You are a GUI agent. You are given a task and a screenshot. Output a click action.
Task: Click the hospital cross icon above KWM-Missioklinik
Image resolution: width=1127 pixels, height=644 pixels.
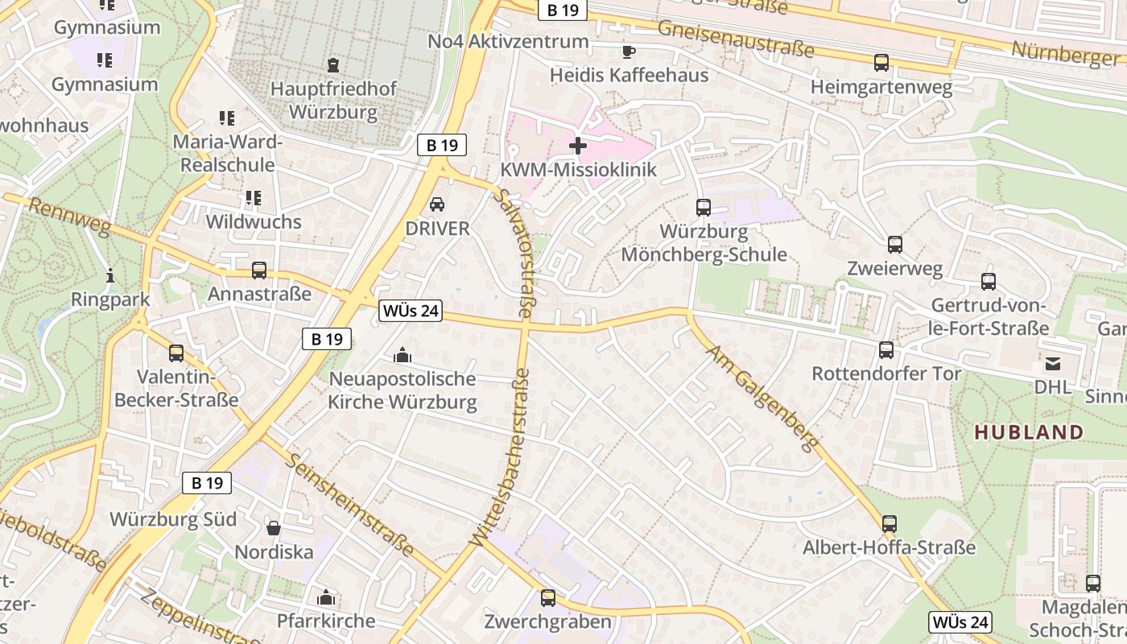(x=578, y=146)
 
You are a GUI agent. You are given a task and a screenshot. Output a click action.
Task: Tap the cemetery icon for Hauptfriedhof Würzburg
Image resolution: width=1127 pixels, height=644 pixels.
(x=333, y=65)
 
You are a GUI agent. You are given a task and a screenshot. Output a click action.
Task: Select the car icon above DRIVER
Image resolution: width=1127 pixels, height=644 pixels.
(x=437, y=204)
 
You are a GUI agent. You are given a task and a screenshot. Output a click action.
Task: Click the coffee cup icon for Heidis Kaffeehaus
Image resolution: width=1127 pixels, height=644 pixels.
(x=629, y=52)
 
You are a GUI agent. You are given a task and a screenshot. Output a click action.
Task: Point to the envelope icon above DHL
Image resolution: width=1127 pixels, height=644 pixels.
(x=1053, y=364)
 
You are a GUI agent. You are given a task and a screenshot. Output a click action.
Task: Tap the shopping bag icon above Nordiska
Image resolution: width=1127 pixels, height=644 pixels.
(x=274, y=528)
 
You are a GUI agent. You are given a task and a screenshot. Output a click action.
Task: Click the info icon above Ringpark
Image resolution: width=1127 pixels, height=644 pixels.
(x=110, y=276)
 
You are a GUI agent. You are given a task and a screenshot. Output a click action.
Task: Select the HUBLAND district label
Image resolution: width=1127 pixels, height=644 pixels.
(x=1029, y=432)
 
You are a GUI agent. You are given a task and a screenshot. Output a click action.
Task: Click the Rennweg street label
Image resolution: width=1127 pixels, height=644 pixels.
(x=68, y=216)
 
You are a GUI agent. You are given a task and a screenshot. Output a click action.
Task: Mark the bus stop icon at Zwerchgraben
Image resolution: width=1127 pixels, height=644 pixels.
(x=548, y=598)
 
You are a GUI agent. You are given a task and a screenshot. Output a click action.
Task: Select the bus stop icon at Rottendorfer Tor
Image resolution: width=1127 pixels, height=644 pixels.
(x=886, y=350)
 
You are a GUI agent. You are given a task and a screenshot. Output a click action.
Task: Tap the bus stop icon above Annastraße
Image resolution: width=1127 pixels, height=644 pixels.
(x=259, y=270)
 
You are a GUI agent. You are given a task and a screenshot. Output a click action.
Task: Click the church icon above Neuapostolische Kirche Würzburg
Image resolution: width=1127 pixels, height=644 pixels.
(x=402, y=355)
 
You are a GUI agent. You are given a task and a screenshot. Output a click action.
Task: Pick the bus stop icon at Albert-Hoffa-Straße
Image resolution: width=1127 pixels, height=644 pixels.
(x=890, y=524)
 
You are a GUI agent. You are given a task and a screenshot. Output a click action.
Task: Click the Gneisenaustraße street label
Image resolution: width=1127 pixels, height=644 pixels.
(x=736, y=38)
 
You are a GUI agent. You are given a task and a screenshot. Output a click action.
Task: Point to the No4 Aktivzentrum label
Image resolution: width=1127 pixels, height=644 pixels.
(x=508, y=41)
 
